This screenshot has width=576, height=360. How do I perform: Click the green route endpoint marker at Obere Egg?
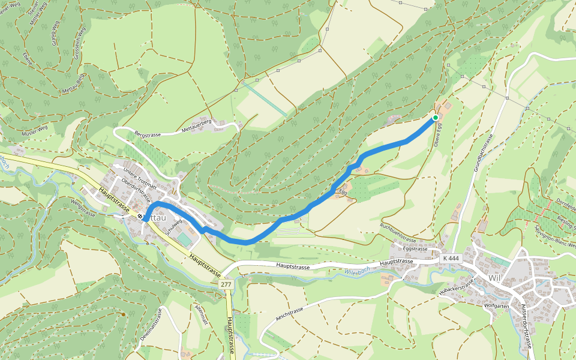(x=434, y=118)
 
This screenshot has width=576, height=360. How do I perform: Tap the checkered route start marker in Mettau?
(x=140, y=217)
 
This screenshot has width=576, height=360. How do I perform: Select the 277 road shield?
(x=226, y=284)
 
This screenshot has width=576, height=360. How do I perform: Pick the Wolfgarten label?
(x=496, y=305)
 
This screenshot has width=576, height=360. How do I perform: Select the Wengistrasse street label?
(x=83, y=211)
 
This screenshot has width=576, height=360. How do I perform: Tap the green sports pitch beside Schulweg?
(x=185, y=239)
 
